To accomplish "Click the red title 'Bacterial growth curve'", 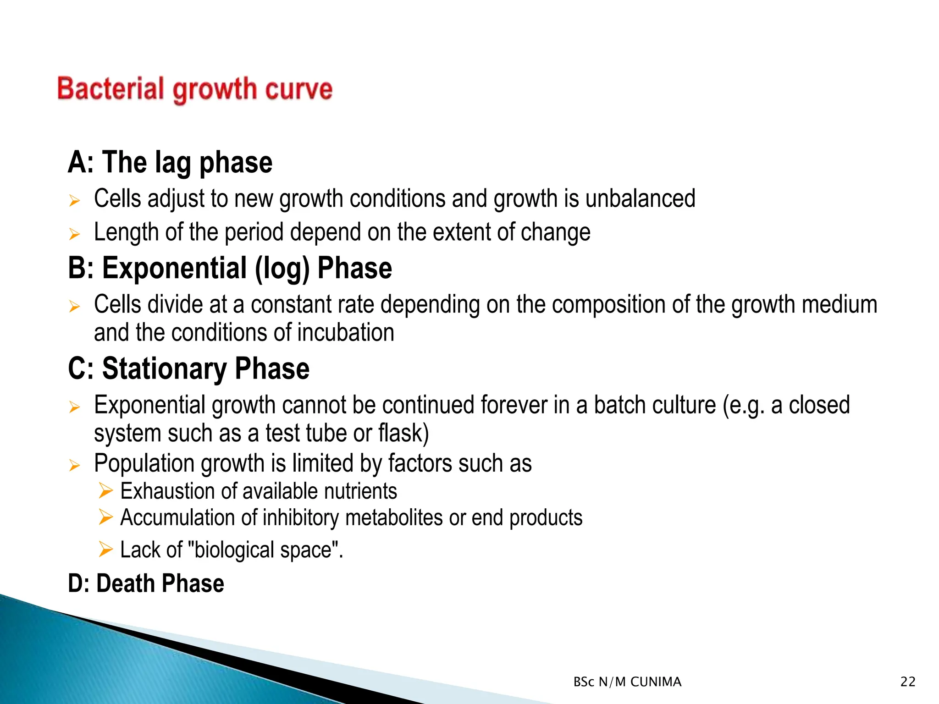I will pyautogui.click(x=195, y=89).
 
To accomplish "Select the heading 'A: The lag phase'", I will pyautogui.click(x=170, y=163).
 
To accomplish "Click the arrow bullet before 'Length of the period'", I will pyautogui.click(x=74, y=234).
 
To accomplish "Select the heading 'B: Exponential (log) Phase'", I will pyautogui.click(x=230, y=268).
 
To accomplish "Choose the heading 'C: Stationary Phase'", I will pyautogui.click(x=188, y=369).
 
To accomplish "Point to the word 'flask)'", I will pyautogui.click(x=403, y=434).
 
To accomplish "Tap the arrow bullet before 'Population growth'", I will pyautogui.click(x=74, y=466).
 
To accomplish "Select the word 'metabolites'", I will pyautogui.click(x=394, y=518).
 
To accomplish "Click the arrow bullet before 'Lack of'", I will pyautogui.click(x=105, y=549).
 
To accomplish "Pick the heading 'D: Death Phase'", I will pyautogui.click(x=146, y=583).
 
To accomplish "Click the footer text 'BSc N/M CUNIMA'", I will pyautogui.click(x=627, y=682).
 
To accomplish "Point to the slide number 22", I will pyautogui.click(x=907, y=682).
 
